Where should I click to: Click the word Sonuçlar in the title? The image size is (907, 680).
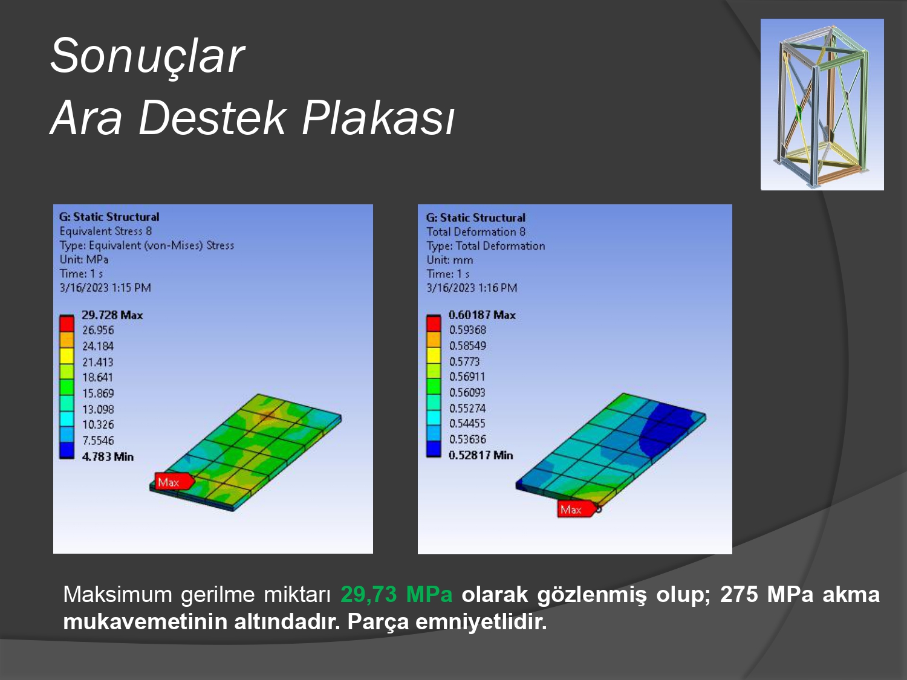[147, 56]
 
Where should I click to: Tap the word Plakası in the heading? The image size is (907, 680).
[378, 118]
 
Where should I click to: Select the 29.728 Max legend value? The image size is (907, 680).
[112, 315]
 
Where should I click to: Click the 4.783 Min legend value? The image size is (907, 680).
[108, 456]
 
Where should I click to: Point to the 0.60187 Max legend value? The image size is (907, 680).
[482, 315]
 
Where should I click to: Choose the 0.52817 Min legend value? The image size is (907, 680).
[481, 455]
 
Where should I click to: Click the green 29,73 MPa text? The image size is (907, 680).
[396, 595]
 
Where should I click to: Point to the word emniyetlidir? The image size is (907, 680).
[481, 622]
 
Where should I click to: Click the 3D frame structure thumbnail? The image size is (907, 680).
[822, 105]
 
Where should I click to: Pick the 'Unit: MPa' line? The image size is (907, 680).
[84, 260]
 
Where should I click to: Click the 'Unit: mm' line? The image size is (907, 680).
[450, 260]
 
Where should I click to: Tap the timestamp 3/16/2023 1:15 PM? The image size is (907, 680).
[105, 288]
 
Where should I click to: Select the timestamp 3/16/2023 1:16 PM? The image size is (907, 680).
[472, 288]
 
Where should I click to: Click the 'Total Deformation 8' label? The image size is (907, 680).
[476, 232]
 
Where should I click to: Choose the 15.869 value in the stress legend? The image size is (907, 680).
[98, 393]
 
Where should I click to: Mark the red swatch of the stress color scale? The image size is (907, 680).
[67, 324]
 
